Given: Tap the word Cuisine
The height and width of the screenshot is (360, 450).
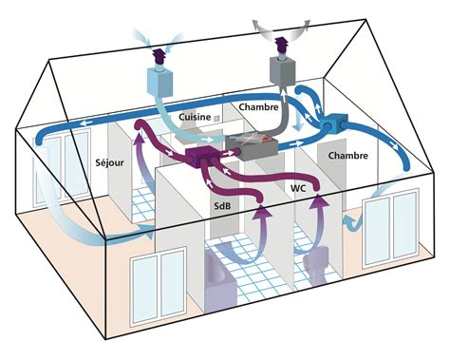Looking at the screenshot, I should [196, 116].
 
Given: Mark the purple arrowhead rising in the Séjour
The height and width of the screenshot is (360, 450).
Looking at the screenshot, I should [141, 140].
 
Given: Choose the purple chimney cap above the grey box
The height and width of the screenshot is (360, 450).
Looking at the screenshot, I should [282, 45].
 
